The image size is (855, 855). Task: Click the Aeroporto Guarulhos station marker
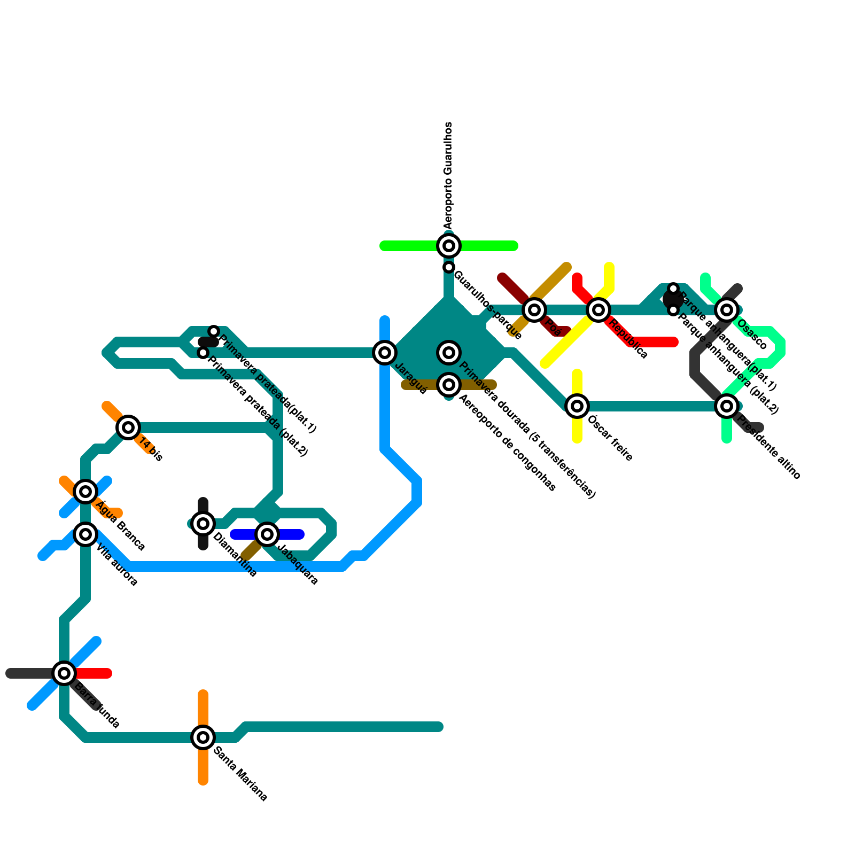[449, 246]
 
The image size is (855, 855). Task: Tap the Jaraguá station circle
[385, 353]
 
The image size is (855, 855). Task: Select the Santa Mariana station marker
[203, 737]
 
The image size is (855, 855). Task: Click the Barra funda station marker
[64, 673]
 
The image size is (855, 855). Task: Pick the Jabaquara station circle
[267, 534]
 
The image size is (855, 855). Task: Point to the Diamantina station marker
[203, 524]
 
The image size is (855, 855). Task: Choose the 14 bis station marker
[128, 428]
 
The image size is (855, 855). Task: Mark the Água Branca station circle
[85, 492]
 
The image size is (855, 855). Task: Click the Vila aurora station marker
[85, 534]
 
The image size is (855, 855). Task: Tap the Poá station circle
[534, 309]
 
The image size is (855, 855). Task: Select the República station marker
[598, 309]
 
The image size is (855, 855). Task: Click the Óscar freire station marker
[577, 406]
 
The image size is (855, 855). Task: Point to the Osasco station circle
[727, 309]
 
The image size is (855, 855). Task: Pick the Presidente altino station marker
[727, 406]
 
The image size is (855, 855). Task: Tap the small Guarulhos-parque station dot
[449, 267]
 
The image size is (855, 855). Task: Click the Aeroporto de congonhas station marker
[449, 385]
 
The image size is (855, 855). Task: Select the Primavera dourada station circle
[449, 353]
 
